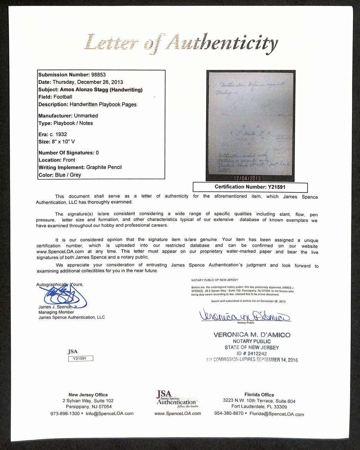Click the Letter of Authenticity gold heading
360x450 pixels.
pyautogui.click(x=181, y=44)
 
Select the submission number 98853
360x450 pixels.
pyautogui.click(x=99, y=75)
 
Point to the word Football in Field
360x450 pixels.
pyautogui.click(x=63, y=97)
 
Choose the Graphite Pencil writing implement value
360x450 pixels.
pyautogui.click(x=104, y=167)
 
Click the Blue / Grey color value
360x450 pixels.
pyautogui.click(x=68, y=175)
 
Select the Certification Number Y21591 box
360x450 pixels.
pyautogui.click(x=250, y=187)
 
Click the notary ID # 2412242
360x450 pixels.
pyautogui.click(x=252, y=353)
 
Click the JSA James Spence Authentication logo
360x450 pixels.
pyautogui.click(x=176, y=399)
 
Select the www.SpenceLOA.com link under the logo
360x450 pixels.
pyautogui.click(x=177, y=413)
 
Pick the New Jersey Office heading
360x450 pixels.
pyautogui.click(x=88, y=395)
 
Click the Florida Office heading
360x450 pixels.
pyautogui.click(x=259, y=395)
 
